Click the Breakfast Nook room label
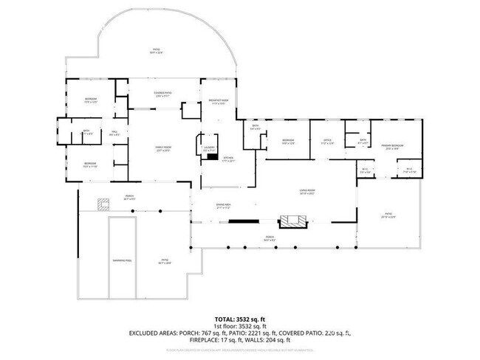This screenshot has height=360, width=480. pos(219,102)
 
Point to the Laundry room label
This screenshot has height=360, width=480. pos(209,148)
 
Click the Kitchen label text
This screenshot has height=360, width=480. pos(228,159)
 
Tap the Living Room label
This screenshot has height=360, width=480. pos(307,193)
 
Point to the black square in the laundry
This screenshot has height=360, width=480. pos(213,156)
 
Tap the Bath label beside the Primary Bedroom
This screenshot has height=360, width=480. pos(363,141)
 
